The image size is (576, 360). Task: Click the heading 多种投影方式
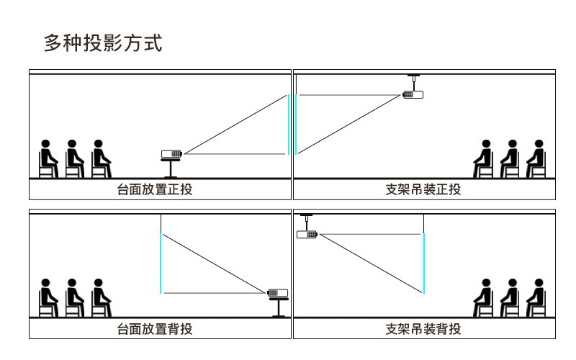(x=103, y=43)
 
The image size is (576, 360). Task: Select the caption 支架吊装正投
(x=423, y=190)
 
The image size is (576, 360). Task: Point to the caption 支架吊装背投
(x=423, y=329)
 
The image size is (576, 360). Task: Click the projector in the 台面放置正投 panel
(x=171, y=153)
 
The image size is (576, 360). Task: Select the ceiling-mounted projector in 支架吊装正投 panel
(x=413, y=94)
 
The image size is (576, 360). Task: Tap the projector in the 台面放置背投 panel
(x=277, y=292)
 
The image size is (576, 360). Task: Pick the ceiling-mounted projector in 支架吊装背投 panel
(x=307, y=233)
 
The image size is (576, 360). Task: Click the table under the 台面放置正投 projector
(x=171, y=168)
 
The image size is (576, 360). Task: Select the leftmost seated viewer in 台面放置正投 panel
(x=48, y=158)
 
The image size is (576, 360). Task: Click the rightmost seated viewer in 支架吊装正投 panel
(x=535, y=158)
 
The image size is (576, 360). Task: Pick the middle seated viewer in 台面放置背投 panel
(x=74, y=297)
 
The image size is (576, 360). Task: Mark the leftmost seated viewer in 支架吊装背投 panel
(x=483, y=297)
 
